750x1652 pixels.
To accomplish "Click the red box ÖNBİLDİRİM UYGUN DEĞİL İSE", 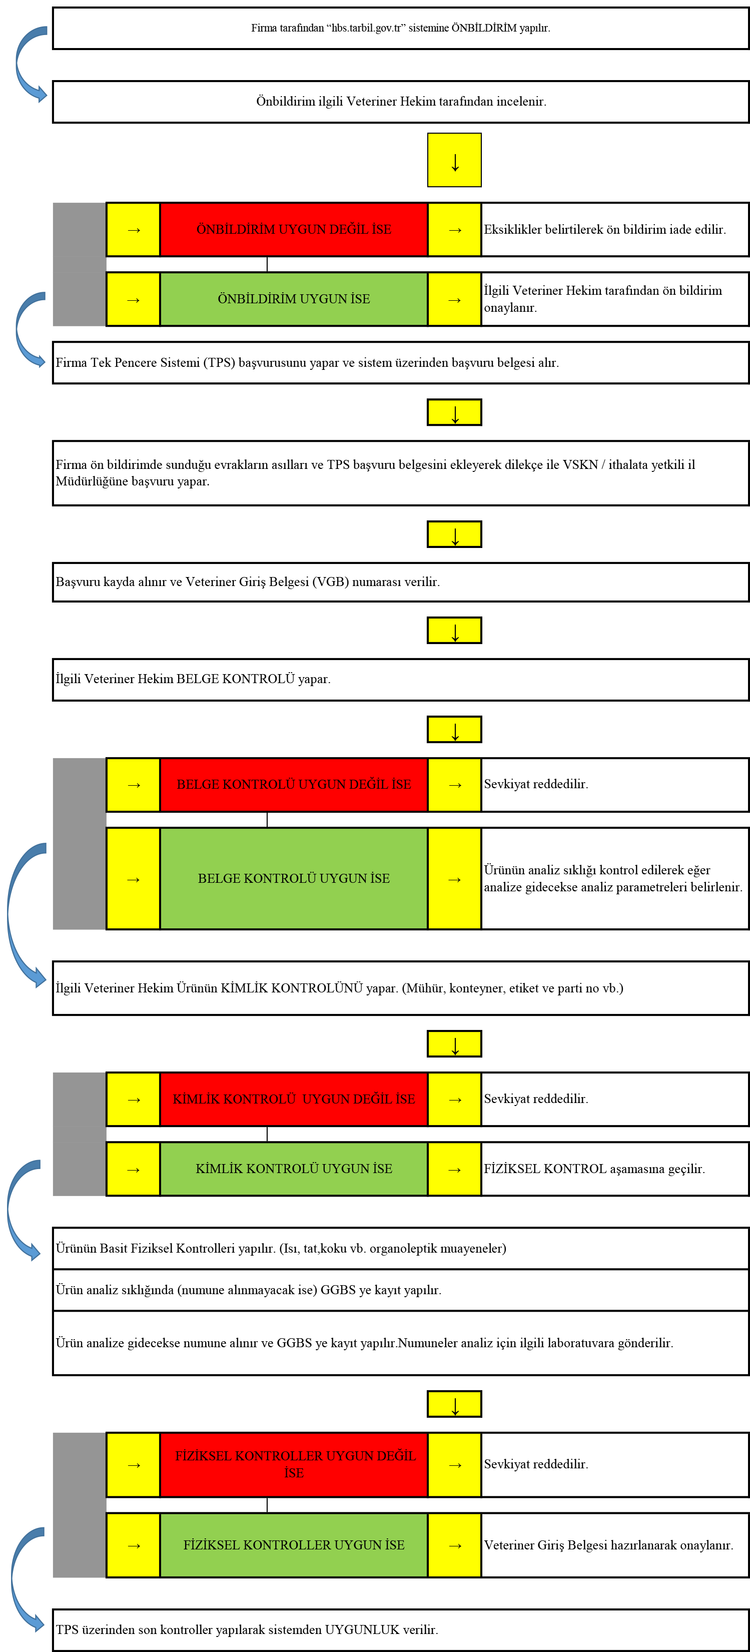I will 294,230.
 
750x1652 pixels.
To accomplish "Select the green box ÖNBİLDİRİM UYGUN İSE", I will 294,299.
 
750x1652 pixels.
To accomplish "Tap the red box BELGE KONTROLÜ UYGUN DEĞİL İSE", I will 294,784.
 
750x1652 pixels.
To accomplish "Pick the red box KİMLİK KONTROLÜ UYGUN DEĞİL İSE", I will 294,1098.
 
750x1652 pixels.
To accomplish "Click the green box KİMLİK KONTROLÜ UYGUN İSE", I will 294,1169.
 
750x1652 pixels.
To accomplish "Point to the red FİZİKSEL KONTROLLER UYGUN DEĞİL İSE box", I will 294,1464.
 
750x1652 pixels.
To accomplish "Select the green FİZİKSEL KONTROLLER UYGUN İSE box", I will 294,1545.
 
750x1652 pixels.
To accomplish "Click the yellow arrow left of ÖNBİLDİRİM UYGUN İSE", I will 133,299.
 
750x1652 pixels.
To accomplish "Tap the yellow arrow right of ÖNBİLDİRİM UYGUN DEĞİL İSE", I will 454,230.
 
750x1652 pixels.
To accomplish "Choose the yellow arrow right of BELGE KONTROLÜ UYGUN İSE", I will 454,879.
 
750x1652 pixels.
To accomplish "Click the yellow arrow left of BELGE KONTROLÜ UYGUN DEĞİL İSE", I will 133,785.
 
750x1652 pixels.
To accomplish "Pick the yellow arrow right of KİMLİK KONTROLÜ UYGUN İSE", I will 454,1169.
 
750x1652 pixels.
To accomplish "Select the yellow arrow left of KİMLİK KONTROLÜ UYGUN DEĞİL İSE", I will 133,1099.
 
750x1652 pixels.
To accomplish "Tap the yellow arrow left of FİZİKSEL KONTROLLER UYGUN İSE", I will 133,1545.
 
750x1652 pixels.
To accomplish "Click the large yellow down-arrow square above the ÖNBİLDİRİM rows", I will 454,160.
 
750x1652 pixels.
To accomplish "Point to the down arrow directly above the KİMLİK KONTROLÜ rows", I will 454,1044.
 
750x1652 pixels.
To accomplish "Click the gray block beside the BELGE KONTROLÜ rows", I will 79,843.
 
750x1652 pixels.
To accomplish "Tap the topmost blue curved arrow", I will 30,64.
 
